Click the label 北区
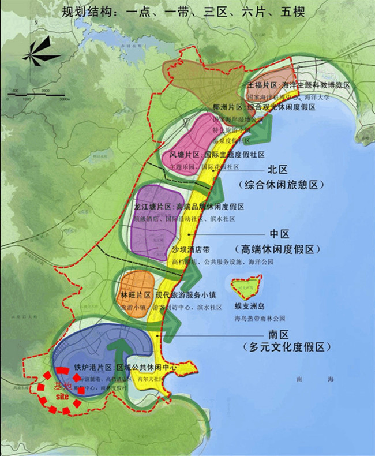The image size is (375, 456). pos(278,170)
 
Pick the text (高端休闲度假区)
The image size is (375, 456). pos(277,249)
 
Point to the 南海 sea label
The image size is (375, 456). pos(305,379)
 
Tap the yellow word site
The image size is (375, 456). pos(63,397)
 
